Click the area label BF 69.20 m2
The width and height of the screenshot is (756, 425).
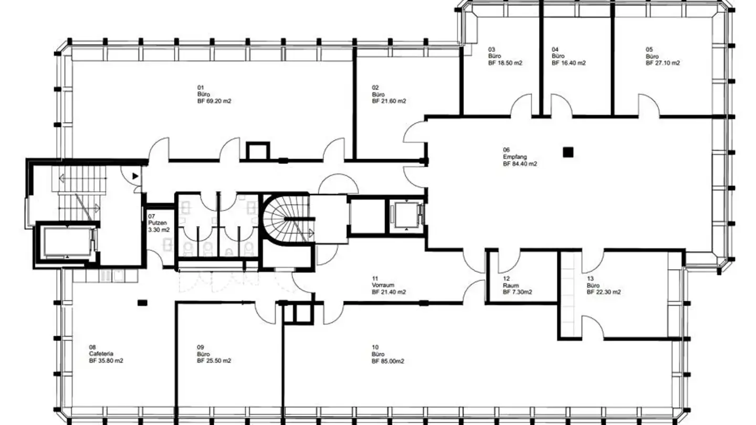(214, 101)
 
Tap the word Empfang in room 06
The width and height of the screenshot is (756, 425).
(514, 157)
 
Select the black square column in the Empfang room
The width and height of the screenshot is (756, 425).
(568, 153)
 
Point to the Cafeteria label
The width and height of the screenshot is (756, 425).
(101, 354)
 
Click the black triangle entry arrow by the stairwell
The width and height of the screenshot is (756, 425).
(135, 176)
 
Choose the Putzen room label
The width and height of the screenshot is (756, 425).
(157, 223)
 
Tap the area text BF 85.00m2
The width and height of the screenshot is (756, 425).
(388, 361)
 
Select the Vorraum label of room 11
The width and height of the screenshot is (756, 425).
(383, 285)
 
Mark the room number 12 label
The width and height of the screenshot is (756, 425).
(506, 279)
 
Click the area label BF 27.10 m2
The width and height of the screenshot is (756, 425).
(663, 63)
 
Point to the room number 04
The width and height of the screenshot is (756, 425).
(555, 49)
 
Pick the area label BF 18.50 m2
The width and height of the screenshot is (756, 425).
(505, 63)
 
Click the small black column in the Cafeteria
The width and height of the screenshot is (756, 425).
(142, 303)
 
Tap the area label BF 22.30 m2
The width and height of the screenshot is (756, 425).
(604, 292)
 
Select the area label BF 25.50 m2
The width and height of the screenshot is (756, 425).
(214, 361)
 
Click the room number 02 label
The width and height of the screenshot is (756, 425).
(375, 88)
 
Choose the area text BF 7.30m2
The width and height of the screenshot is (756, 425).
(518, 292)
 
